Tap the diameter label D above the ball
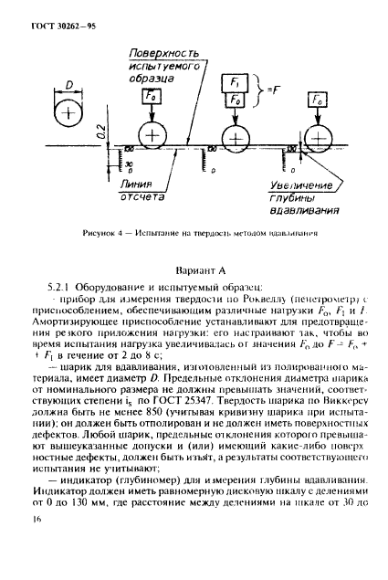pos(68,89)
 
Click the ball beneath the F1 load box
pos(236,138)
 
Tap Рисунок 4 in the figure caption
pos(97,232)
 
